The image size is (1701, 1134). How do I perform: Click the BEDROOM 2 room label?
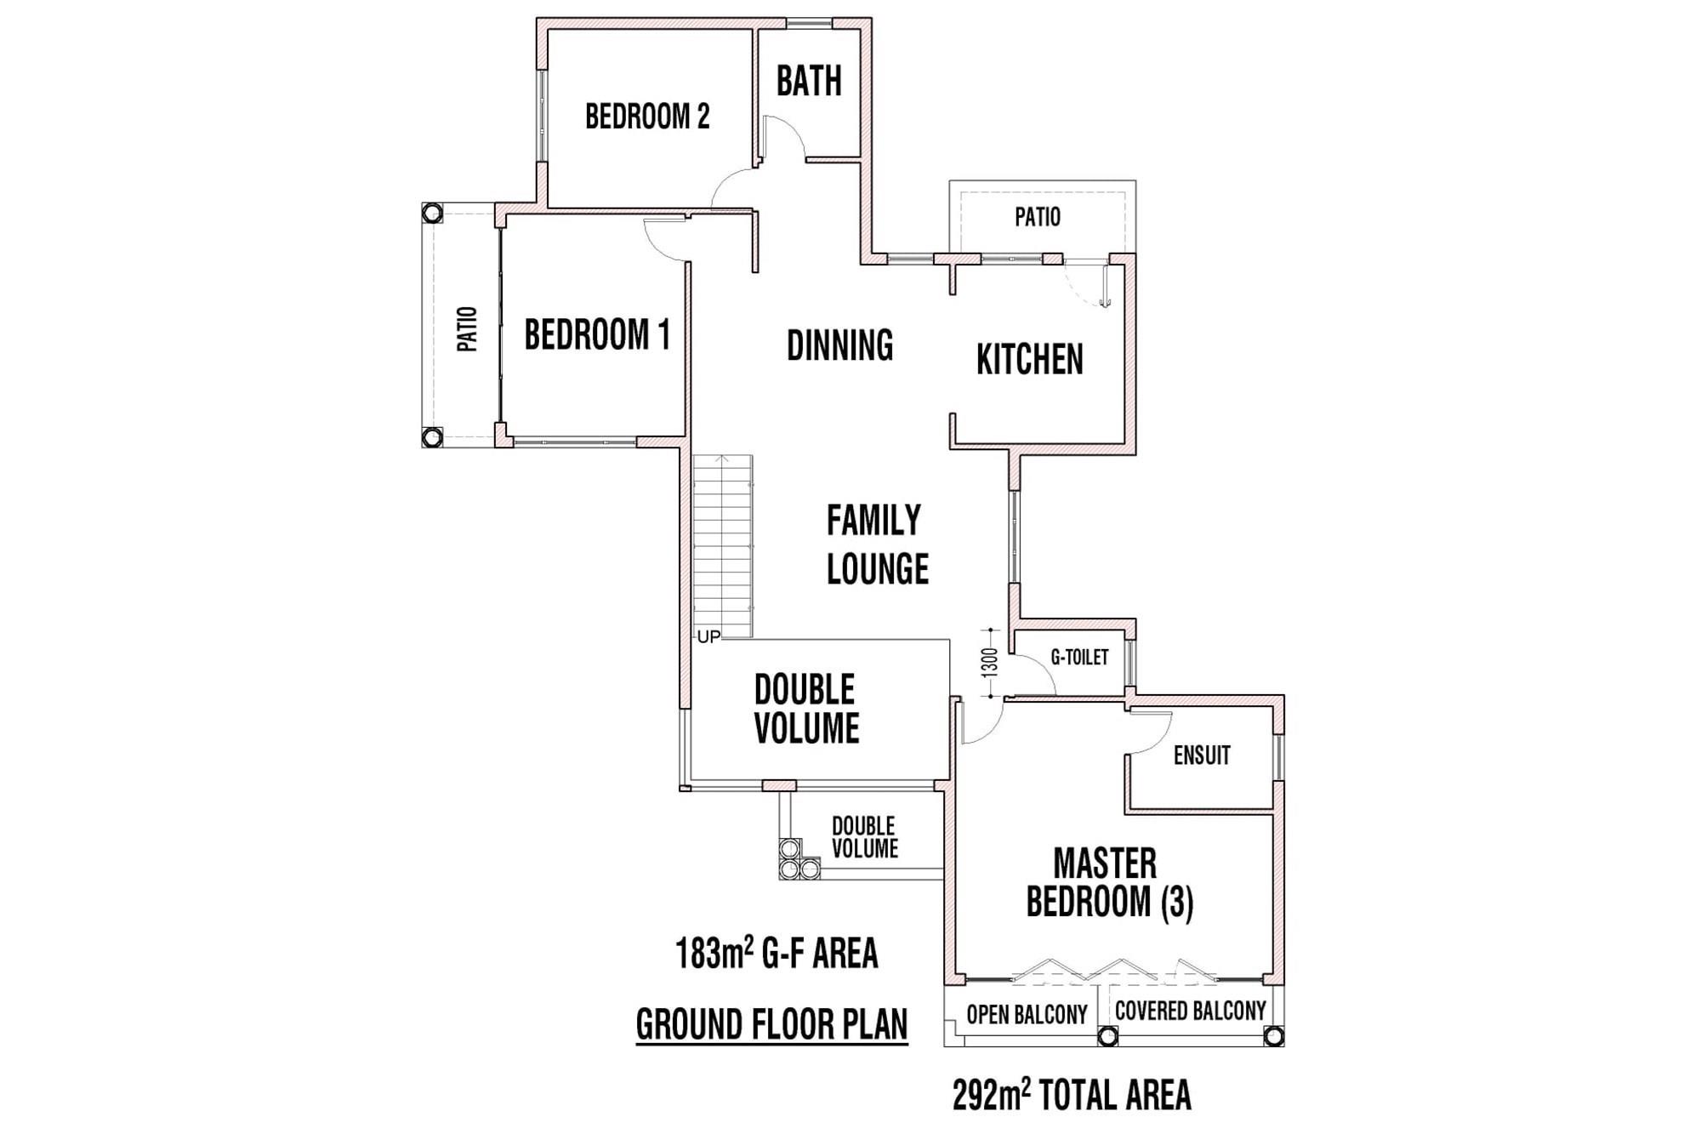click(x=647, y=117)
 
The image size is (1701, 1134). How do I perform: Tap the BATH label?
click(x=809, y=81)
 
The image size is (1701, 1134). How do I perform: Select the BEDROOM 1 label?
click(x=597, y=334)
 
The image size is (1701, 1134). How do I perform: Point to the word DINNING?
click(x=839, y=345)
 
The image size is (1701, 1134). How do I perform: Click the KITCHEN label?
click(x=1029, y=359)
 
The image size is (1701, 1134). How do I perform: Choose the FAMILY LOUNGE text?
click(x=877, y=544)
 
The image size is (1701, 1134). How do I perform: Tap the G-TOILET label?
click(x=1079, y=657)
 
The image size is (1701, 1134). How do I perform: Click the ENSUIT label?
click(x=1202, y=755)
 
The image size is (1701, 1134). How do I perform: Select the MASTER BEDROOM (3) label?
click(x=1109, y=883)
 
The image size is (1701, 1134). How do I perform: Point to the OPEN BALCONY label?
click(x=1027, y=1014)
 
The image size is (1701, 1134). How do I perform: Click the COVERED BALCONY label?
click(x=1190, y=1011)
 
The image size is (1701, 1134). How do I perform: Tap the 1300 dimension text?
click(x=989, y=663)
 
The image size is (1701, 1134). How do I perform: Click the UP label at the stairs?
click(x=708, y=636)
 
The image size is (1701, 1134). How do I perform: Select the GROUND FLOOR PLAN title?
click(x=771, y=1024)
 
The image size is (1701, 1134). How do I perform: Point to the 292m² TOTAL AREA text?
click(x=1072, y=1096)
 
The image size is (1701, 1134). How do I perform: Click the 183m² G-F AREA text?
click(x=777, y=953)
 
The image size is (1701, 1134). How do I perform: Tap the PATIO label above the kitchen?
click(x=1038, y=217)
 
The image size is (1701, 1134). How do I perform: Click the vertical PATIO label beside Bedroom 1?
click(x=467, y=329)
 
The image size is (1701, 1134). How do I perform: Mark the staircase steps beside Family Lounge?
click(x=723, y=546)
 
